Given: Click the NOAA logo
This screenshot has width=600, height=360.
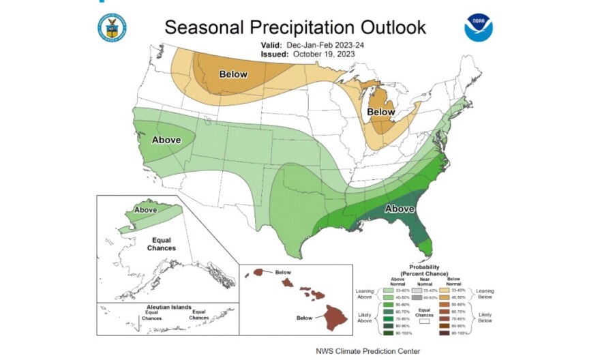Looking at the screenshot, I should [479, 27].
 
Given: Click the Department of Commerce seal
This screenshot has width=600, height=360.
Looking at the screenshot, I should [111, 27].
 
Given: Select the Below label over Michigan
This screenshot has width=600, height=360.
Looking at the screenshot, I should [381, 111].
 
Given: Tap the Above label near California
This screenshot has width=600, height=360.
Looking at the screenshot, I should [166, 140].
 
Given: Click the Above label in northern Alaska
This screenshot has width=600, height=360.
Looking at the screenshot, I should [147, 210].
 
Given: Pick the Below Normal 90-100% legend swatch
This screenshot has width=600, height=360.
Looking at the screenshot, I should [462, 333].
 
